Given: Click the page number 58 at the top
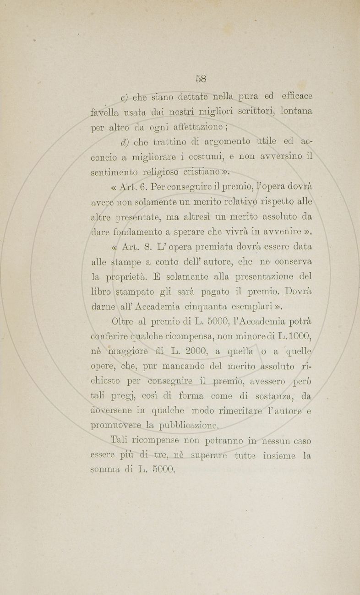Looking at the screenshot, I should coord(201,78).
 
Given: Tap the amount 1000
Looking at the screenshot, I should coord(301,336).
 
